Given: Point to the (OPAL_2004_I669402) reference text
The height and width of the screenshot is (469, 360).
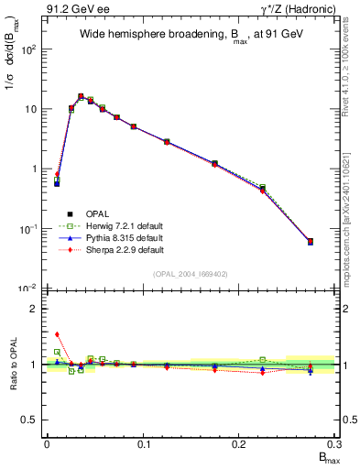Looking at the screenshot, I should pyautogui.click(x=191, y=273).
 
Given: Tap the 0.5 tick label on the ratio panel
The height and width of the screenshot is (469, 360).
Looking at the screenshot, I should pyautogui.click(x=29, y=420).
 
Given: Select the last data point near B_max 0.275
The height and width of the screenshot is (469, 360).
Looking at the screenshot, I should pyautogui.click(x=311, y=242).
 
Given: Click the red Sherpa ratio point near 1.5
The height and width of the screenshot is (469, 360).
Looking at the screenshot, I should pyautogui.click(x=57, y=334).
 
